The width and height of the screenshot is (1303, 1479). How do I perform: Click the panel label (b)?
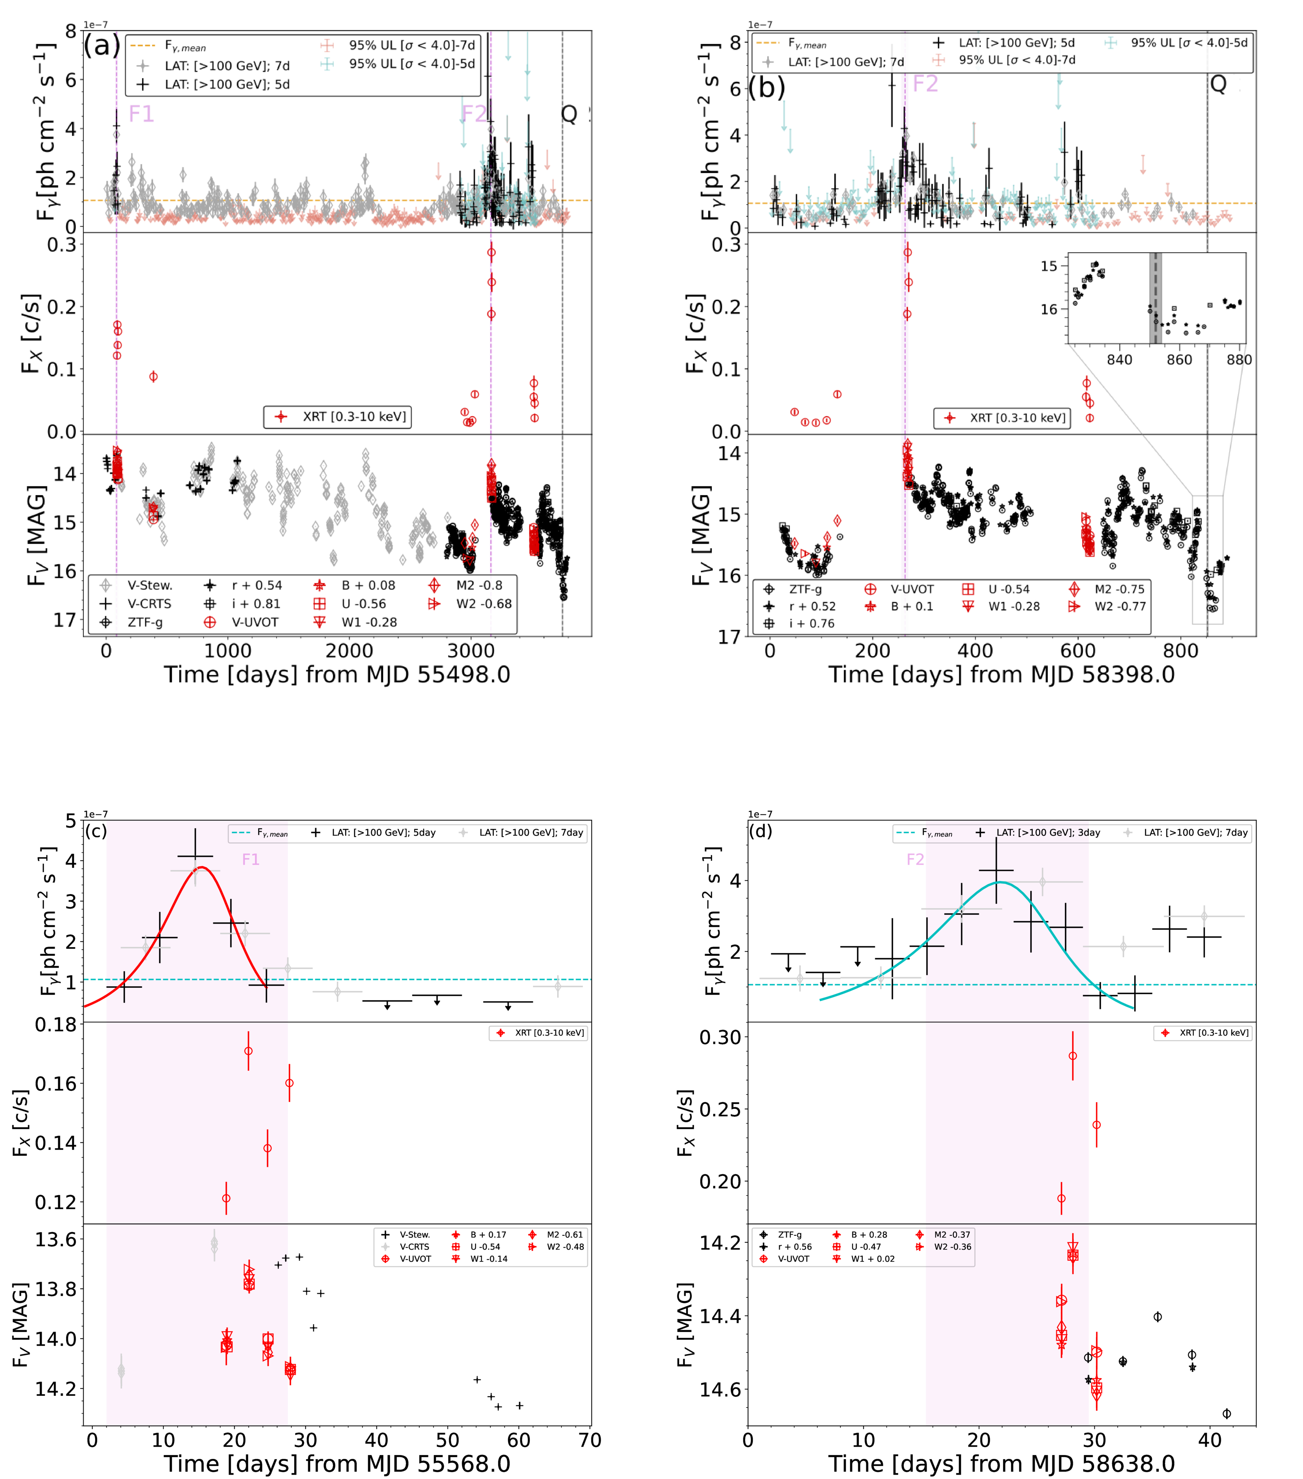pos(767,87)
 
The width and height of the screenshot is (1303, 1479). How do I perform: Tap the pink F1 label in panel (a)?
pos(141,114)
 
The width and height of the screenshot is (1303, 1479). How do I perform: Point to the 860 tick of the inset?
pos(1179,360)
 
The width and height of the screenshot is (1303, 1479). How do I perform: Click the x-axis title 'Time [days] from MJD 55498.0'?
pos(337,674)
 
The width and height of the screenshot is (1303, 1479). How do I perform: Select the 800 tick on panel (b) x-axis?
pos(1181,650)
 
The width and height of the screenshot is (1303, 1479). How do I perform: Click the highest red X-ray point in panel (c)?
pos(248,1051)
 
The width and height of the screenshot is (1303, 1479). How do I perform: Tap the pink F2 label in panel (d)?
pos(916,860)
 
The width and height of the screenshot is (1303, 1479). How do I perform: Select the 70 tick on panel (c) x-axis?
pos(590,1440)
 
